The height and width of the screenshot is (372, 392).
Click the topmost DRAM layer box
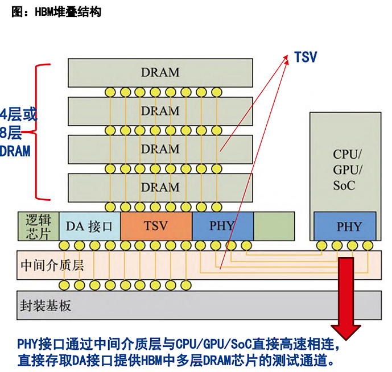(x=160, y=72)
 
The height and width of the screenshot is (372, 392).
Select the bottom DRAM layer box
(x=160, y=187)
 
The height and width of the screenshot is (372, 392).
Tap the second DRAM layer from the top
(x=160, y=110)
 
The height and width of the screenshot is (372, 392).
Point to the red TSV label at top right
(x=306, y=57)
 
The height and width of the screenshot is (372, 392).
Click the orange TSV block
(x=156, y=225)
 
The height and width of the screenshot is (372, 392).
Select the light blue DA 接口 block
(x=89, y=226)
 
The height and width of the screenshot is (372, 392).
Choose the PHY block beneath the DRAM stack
(x=222, y=225)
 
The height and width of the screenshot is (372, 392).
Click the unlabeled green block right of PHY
(x=274, y=225)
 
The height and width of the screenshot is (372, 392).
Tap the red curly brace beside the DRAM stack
(x=40, y=132)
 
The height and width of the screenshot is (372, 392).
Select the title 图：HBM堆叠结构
(x=56, y=11)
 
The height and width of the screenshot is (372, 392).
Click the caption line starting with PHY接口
(x=178, y=345)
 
